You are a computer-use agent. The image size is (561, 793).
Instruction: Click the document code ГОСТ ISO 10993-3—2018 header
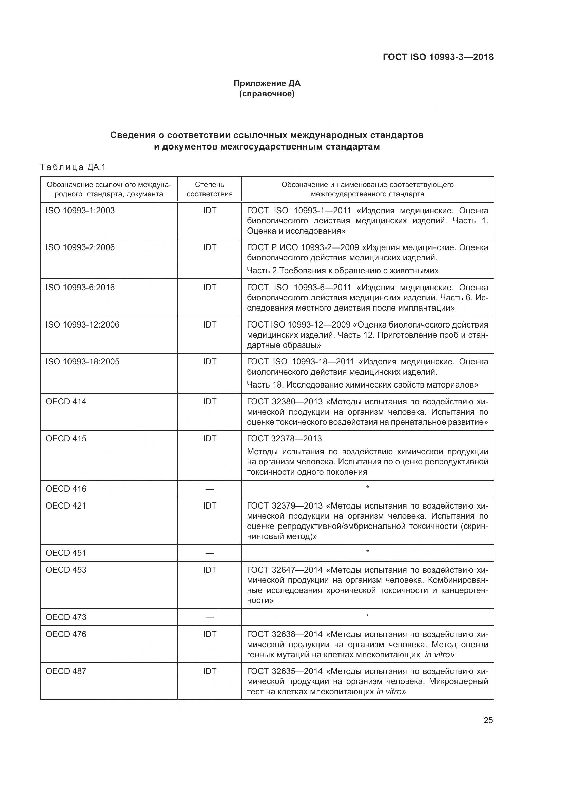438,57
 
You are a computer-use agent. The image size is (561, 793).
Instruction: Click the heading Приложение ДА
267,83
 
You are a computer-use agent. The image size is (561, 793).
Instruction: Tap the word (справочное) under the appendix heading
267,94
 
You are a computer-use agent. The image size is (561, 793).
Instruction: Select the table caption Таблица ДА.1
73,167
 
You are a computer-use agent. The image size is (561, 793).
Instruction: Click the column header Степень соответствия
209,189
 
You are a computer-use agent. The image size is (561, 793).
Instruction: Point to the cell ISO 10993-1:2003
80,210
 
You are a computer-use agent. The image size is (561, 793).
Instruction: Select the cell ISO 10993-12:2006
82,325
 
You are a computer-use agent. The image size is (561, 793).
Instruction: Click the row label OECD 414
66,402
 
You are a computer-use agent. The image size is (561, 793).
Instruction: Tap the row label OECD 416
66,489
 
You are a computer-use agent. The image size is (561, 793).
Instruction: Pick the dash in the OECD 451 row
209,553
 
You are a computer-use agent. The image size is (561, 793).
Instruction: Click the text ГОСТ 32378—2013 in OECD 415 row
284,439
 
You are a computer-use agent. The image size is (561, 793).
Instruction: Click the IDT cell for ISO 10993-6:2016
209,288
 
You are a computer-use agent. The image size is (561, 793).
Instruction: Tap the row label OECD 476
66,634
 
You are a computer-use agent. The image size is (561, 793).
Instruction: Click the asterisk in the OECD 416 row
368,488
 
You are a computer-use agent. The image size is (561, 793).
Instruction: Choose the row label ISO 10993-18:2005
82,362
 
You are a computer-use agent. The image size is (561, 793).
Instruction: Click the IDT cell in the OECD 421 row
209,505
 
